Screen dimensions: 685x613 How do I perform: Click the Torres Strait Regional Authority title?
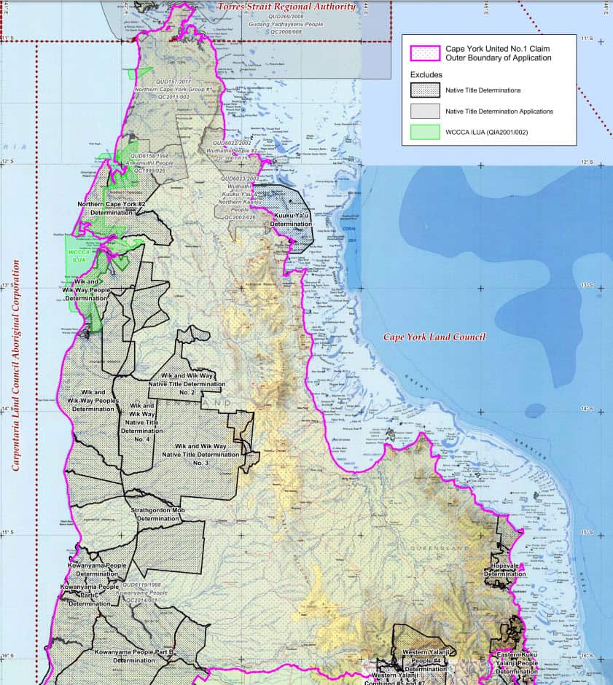286,7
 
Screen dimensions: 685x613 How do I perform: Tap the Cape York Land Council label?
434,337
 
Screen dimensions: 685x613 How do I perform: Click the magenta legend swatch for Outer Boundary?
426,53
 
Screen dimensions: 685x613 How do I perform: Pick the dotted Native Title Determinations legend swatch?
426,90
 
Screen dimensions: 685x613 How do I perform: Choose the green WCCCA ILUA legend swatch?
426,131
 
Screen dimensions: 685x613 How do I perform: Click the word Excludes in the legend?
426,74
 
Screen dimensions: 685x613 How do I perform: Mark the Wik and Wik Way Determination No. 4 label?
142,422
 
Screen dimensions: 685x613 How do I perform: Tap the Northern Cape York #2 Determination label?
112,208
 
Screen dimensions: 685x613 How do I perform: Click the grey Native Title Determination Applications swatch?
426,111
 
